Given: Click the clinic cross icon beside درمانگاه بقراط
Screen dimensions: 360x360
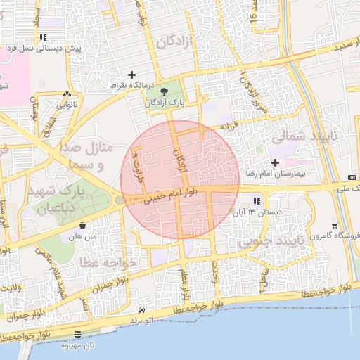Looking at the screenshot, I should (131, 75).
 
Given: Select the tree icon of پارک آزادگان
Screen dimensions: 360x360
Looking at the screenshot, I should (164, 91).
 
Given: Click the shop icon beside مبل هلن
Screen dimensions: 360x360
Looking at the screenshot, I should (84, 226).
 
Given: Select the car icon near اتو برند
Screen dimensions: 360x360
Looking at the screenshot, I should (142, 309).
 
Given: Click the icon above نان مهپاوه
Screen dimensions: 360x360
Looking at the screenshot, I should (77, 335).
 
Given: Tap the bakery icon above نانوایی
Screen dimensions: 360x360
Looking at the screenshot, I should (67, 94).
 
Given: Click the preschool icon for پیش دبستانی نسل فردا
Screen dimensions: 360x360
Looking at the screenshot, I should (44, 38).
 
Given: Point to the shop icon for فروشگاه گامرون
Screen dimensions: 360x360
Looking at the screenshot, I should (334, 226).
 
